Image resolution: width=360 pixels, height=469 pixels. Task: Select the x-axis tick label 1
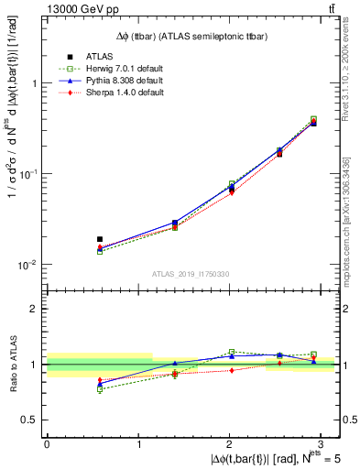pos(138,443)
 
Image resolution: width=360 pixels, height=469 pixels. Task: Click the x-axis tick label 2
pos(229,443)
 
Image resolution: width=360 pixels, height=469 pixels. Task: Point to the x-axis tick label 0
pos(48,443)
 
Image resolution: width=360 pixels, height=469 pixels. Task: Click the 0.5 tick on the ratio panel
pos(33,420)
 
